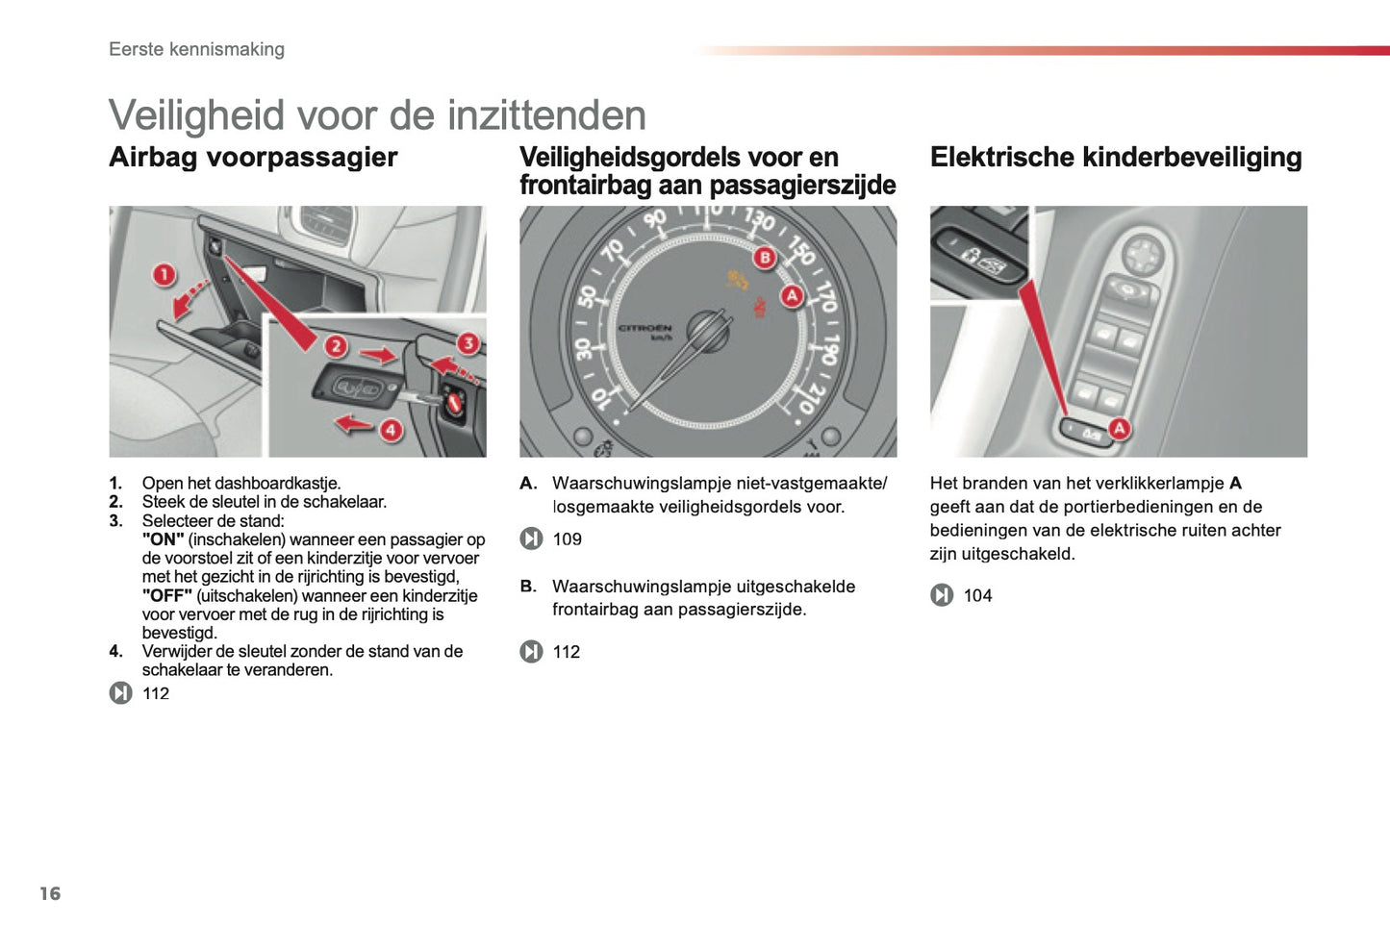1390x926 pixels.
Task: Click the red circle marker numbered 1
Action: tap(164, 275)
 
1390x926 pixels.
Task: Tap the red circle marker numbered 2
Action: tap(335, 346)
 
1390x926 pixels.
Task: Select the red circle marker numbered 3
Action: tap(468, 343)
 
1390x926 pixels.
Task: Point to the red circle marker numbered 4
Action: tap(390, 430)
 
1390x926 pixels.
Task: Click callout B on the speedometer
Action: tap(765, 257)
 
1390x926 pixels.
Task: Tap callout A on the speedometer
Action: tap(791, 295)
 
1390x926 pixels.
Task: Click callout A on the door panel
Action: tap(1119, 429)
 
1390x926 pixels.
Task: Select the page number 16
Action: tap(50, 893)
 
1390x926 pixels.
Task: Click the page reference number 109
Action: tap(567, 539)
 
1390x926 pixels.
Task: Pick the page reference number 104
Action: tap(977, 596)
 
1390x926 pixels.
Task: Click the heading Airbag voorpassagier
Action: tap(253, 158)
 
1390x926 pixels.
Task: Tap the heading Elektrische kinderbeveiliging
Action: tap(1116, 158)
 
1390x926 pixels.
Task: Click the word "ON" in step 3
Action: tap(163, 539)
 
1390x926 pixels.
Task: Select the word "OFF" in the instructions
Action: tap(166, 596)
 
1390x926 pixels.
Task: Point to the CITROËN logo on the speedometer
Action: tap(644, 329)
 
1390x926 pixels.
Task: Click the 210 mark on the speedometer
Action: tap(808, 398)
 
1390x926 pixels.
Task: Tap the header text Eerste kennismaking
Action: tap(196, 49)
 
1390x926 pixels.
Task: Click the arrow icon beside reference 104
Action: tap(942, 596)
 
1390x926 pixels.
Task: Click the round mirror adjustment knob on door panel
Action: tap(1142, 256)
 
